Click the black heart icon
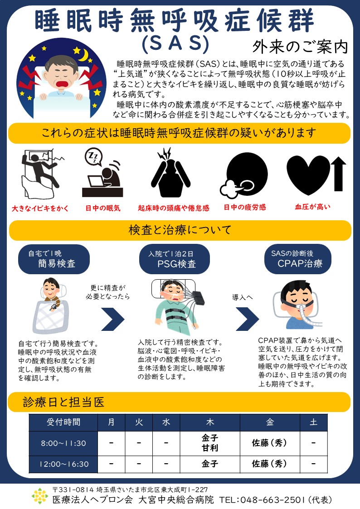[308, 174]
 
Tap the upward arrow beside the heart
[338, 174]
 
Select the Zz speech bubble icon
[93, 156]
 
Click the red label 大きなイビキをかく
[40, 208]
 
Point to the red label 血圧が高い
[312, 207]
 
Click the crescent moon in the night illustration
[84, 55]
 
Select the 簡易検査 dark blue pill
[54, 259]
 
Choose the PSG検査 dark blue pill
[175, 259]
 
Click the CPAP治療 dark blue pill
[298, 259]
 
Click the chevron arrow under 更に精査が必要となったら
[112, 319]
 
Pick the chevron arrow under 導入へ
[248, 319]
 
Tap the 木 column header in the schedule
[210, 422]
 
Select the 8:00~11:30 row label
[63, 443]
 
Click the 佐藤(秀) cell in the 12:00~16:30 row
[270, 464]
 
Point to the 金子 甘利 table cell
[210, 443]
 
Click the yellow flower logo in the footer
[40, 496]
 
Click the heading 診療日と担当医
[63, 402]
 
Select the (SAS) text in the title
[175, 44]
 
